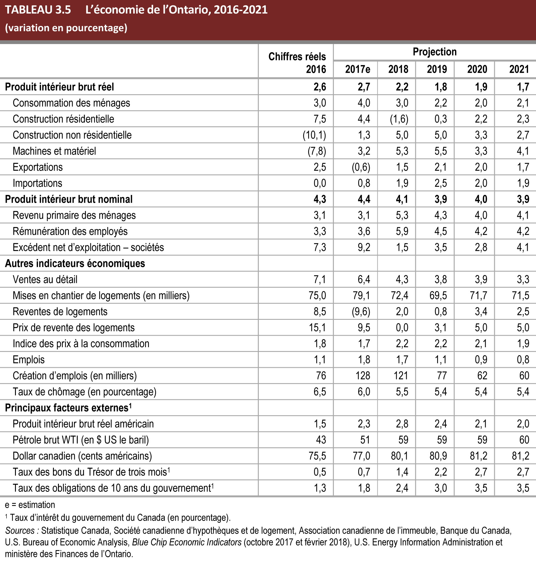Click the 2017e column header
[357, 69]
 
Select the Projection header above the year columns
[434, 52]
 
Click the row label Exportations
[38, 167]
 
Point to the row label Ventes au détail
[45, 279]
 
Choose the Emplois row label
[29, 360]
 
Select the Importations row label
[37, 183]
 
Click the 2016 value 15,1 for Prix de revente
[317, 328]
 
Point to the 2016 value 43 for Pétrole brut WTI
[321, 440]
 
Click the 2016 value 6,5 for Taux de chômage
[320, 392]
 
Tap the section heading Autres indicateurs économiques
[75, 264]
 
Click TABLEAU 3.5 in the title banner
[38, 10]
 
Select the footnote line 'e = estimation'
[30, 505]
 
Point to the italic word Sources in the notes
[20, 531]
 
